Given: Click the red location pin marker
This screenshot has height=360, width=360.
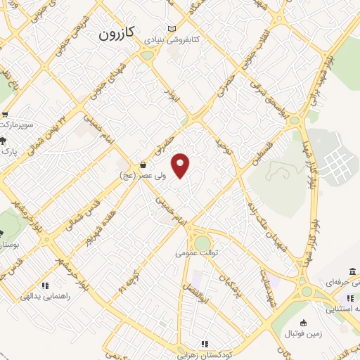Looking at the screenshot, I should pyautogui.click(x=181, y=165).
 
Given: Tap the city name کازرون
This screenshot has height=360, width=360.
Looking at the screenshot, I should pyautogui.click(x=117, y=32).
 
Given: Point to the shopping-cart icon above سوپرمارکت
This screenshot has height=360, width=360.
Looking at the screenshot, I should pyautogui.click(x=5, y=115).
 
